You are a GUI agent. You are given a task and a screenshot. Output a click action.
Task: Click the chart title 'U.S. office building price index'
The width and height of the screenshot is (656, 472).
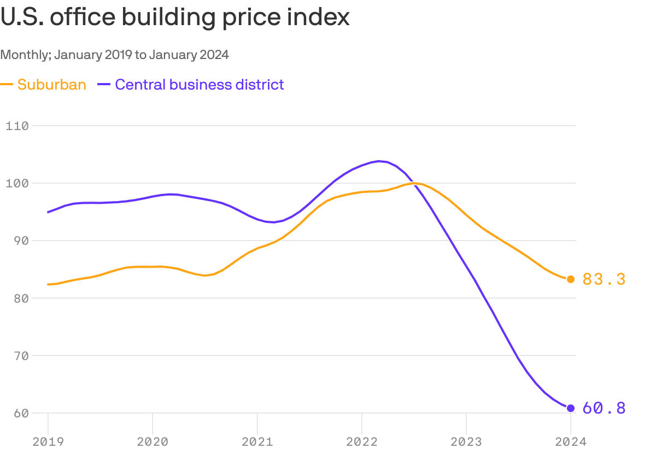pyautogui.click(x=175, y=17)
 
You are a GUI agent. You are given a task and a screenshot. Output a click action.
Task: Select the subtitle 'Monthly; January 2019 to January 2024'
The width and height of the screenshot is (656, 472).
pyautogui.click(x=114, y=55)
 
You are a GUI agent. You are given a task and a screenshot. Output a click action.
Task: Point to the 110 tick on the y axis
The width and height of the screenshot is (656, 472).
pyautogui.click(x=16, y=126)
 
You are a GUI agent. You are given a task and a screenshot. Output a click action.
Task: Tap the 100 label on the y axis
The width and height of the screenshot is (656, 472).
pyautogui.click(x=16, y=183)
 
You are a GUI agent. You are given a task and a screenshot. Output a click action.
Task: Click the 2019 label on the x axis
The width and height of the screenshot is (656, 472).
pyautogui.click(x=48, y=442)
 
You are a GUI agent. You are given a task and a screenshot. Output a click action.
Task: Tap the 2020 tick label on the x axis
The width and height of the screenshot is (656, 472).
pyautogui.click(x=153, y=442)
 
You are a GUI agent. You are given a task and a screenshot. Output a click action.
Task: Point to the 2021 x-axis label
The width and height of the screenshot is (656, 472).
pyautogui.click(x=257, y=442)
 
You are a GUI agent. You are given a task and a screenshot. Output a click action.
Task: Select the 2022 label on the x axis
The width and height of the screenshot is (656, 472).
pyautogui.click(x=361, y=442)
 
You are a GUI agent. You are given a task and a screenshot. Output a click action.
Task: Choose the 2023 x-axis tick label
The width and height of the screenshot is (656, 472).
pyautogui.click(x=466, y=442)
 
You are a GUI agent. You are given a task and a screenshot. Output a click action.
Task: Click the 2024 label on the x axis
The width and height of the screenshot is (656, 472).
pyautogui.click(x=570, y=442)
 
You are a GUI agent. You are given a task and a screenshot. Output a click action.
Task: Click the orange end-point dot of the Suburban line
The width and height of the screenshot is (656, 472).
pyautogui.click(x=571, y=279)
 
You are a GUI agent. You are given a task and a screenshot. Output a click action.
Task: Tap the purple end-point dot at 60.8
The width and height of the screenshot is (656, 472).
pyautogui.click(x=571, y=408)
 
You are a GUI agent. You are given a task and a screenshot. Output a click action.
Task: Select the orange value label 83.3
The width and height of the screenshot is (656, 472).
pyautogui.click(x=604, y=279)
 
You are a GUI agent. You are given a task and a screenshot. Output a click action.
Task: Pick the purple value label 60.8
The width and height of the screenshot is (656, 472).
pyautogui.click(x=604, y=408)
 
